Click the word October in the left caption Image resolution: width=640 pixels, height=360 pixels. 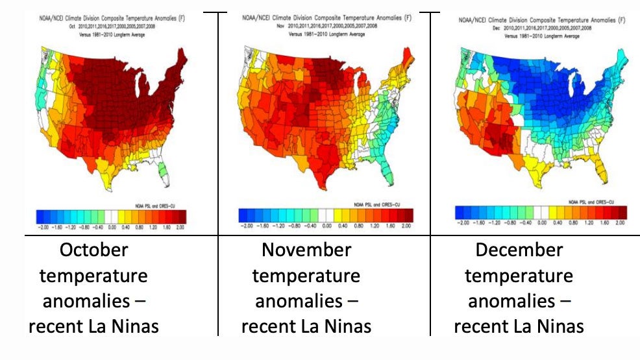(93, 250)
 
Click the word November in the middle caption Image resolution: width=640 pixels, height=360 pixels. (306, 250)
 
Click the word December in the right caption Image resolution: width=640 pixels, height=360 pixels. (519, 250)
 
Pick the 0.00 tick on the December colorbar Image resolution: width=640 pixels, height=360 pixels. (543, 222)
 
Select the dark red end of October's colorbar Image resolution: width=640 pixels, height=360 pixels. (181, 216)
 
